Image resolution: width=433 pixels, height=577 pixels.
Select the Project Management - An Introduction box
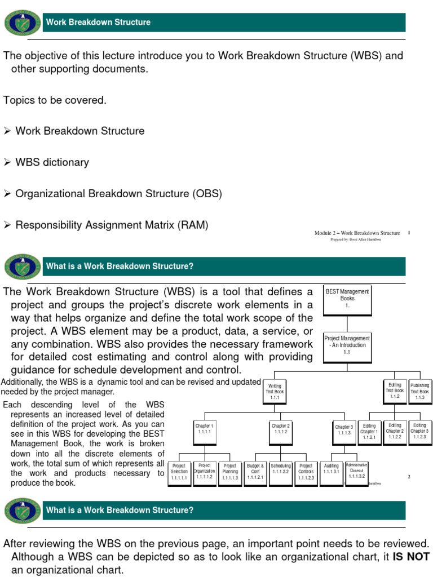(347, 345)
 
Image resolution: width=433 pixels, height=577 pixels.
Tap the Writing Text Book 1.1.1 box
(275, 392)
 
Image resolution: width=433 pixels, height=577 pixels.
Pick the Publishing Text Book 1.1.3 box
(419, 392)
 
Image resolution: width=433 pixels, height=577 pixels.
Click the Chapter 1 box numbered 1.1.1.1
(205, 429)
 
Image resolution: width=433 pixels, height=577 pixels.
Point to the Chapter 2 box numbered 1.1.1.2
(280, 429)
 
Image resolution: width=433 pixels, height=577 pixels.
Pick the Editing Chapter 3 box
(419, 430)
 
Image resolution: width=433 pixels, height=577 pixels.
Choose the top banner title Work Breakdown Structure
(98, 23)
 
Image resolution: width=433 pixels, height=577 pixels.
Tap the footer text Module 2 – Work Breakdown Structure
(357, 233)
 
